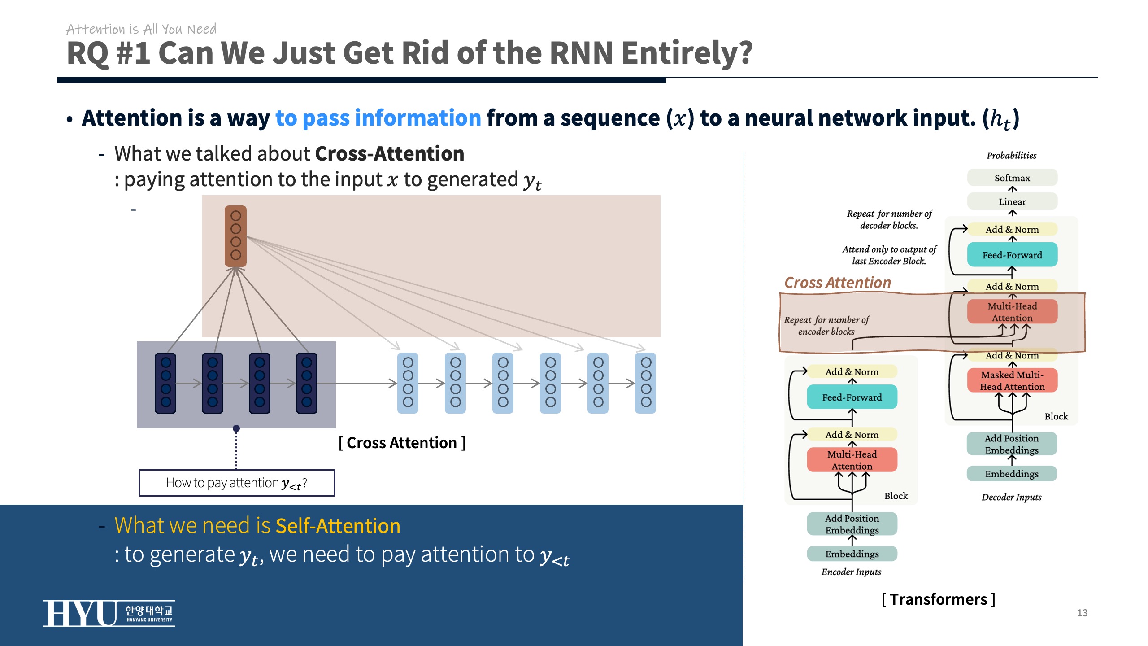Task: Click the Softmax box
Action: (1012, 178)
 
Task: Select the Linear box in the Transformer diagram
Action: (1012, 201)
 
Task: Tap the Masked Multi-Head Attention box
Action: (1012, 380)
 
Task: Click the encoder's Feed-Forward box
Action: (852, 397)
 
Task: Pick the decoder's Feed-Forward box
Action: (1012, 255)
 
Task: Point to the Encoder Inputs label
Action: (851, 572)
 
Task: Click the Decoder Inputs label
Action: (1011, 497)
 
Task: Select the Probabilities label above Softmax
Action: (1011, 155)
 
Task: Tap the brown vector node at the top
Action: (235, 236)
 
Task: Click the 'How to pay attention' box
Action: (236, 483)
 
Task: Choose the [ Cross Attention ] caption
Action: (402, 443)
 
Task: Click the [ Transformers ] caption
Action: (938, 599)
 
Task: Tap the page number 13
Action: (1082, 613)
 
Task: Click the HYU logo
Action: (109, 613)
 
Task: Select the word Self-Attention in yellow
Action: (338, 525)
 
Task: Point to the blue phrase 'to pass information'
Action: (378, 118)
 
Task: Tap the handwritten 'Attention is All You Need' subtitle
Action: (141, 29)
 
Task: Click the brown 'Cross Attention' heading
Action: (837, 283)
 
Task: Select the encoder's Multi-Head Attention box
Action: (852, 460)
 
